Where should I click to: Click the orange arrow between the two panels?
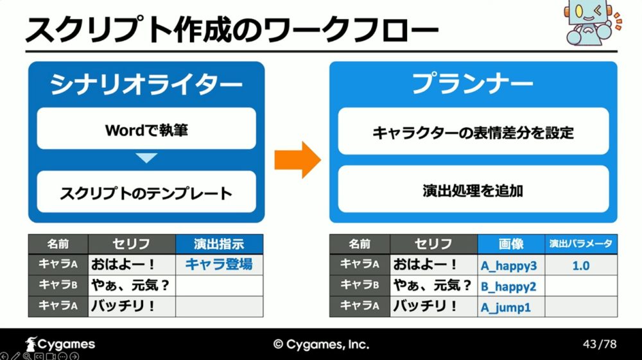298,160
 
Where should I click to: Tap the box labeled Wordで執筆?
146,128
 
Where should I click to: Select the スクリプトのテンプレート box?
146,192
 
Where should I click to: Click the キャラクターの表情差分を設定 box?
473,132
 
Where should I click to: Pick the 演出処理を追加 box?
473,189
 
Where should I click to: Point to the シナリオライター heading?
146,85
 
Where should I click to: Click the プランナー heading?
473,83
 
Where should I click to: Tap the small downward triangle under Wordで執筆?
146,158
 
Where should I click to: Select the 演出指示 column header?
220,244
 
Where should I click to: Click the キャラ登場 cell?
220,264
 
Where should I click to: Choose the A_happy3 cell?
512,264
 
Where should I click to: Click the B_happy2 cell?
512,286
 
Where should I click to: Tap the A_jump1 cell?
512,306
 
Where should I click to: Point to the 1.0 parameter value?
580,266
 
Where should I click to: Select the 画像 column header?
512,244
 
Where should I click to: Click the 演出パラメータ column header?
581,244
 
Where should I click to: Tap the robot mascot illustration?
593,22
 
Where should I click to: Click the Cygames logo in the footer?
60,344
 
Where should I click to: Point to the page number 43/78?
600,344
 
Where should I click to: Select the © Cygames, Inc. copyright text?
322,345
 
